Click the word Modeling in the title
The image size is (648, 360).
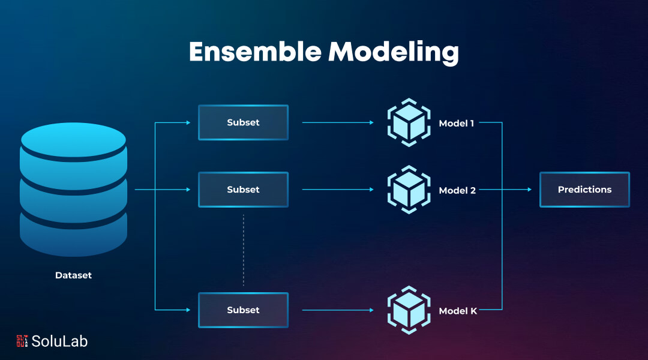394,53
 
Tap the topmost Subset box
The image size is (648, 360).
244,122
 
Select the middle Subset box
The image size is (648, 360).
244,189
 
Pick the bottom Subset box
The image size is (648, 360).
244,310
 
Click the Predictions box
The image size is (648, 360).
585,189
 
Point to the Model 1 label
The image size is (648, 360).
456,123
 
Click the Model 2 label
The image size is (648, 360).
457,190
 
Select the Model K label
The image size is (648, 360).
458,311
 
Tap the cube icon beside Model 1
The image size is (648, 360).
409,122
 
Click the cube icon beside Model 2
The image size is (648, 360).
409,189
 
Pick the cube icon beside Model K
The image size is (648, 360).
409,310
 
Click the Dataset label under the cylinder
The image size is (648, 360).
74,275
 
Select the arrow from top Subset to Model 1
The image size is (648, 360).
338,122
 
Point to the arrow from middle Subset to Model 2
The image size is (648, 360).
338,189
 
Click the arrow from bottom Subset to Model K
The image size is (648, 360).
338,310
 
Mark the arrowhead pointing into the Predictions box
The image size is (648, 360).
529,189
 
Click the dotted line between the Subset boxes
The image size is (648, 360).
244,250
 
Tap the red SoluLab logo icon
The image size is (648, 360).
22,341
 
